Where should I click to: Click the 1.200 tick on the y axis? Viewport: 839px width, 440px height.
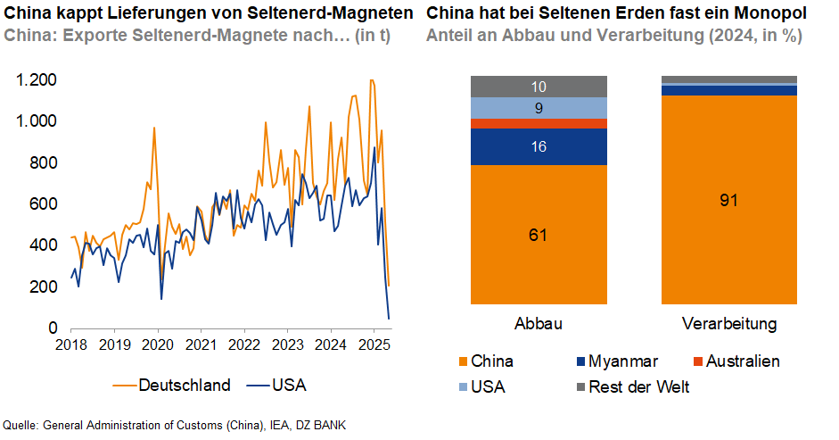click(x=37, y=80)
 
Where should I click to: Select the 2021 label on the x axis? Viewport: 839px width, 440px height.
click(x=202, y=345)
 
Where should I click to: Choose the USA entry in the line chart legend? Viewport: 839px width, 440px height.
click(x=289, y=386)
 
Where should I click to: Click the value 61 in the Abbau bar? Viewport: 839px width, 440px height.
click(x=538, y=236)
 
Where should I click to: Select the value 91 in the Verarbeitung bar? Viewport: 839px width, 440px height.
click(x=728, y=200)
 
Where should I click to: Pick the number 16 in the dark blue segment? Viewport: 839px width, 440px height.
click(x=538, y=147)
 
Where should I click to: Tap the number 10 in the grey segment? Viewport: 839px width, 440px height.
click(x=538, y=87)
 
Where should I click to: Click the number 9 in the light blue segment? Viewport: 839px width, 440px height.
click(x=538, y=109)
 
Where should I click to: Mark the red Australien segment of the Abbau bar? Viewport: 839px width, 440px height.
click(x=538, y=123)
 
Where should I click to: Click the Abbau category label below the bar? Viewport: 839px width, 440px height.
click(x=538, y=322)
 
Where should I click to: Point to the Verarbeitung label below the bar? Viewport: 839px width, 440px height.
click(x=728, y=322)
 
